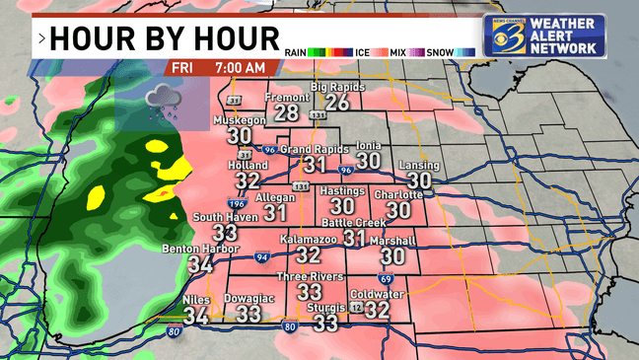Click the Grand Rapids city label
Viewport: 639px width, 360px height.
click(x=314, y=149)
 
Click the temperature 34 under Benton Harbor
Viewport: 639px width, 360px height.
click(x=201, y=263)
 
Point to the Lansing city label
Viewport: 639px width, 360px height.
click(x=419, y=166)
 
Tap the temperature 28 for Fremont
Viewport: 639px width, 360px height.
click(x=287, y=113)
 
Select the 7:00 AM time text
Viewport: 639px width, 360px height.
click(x=240, y=68)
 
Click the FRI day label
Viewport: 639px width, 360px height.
click(x=181, y=68)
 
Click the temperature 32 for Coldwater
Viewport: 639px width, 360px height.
click(x=376, y=309)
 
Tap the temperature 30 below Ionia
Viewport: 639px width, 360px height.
click(x=369, y=161)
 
